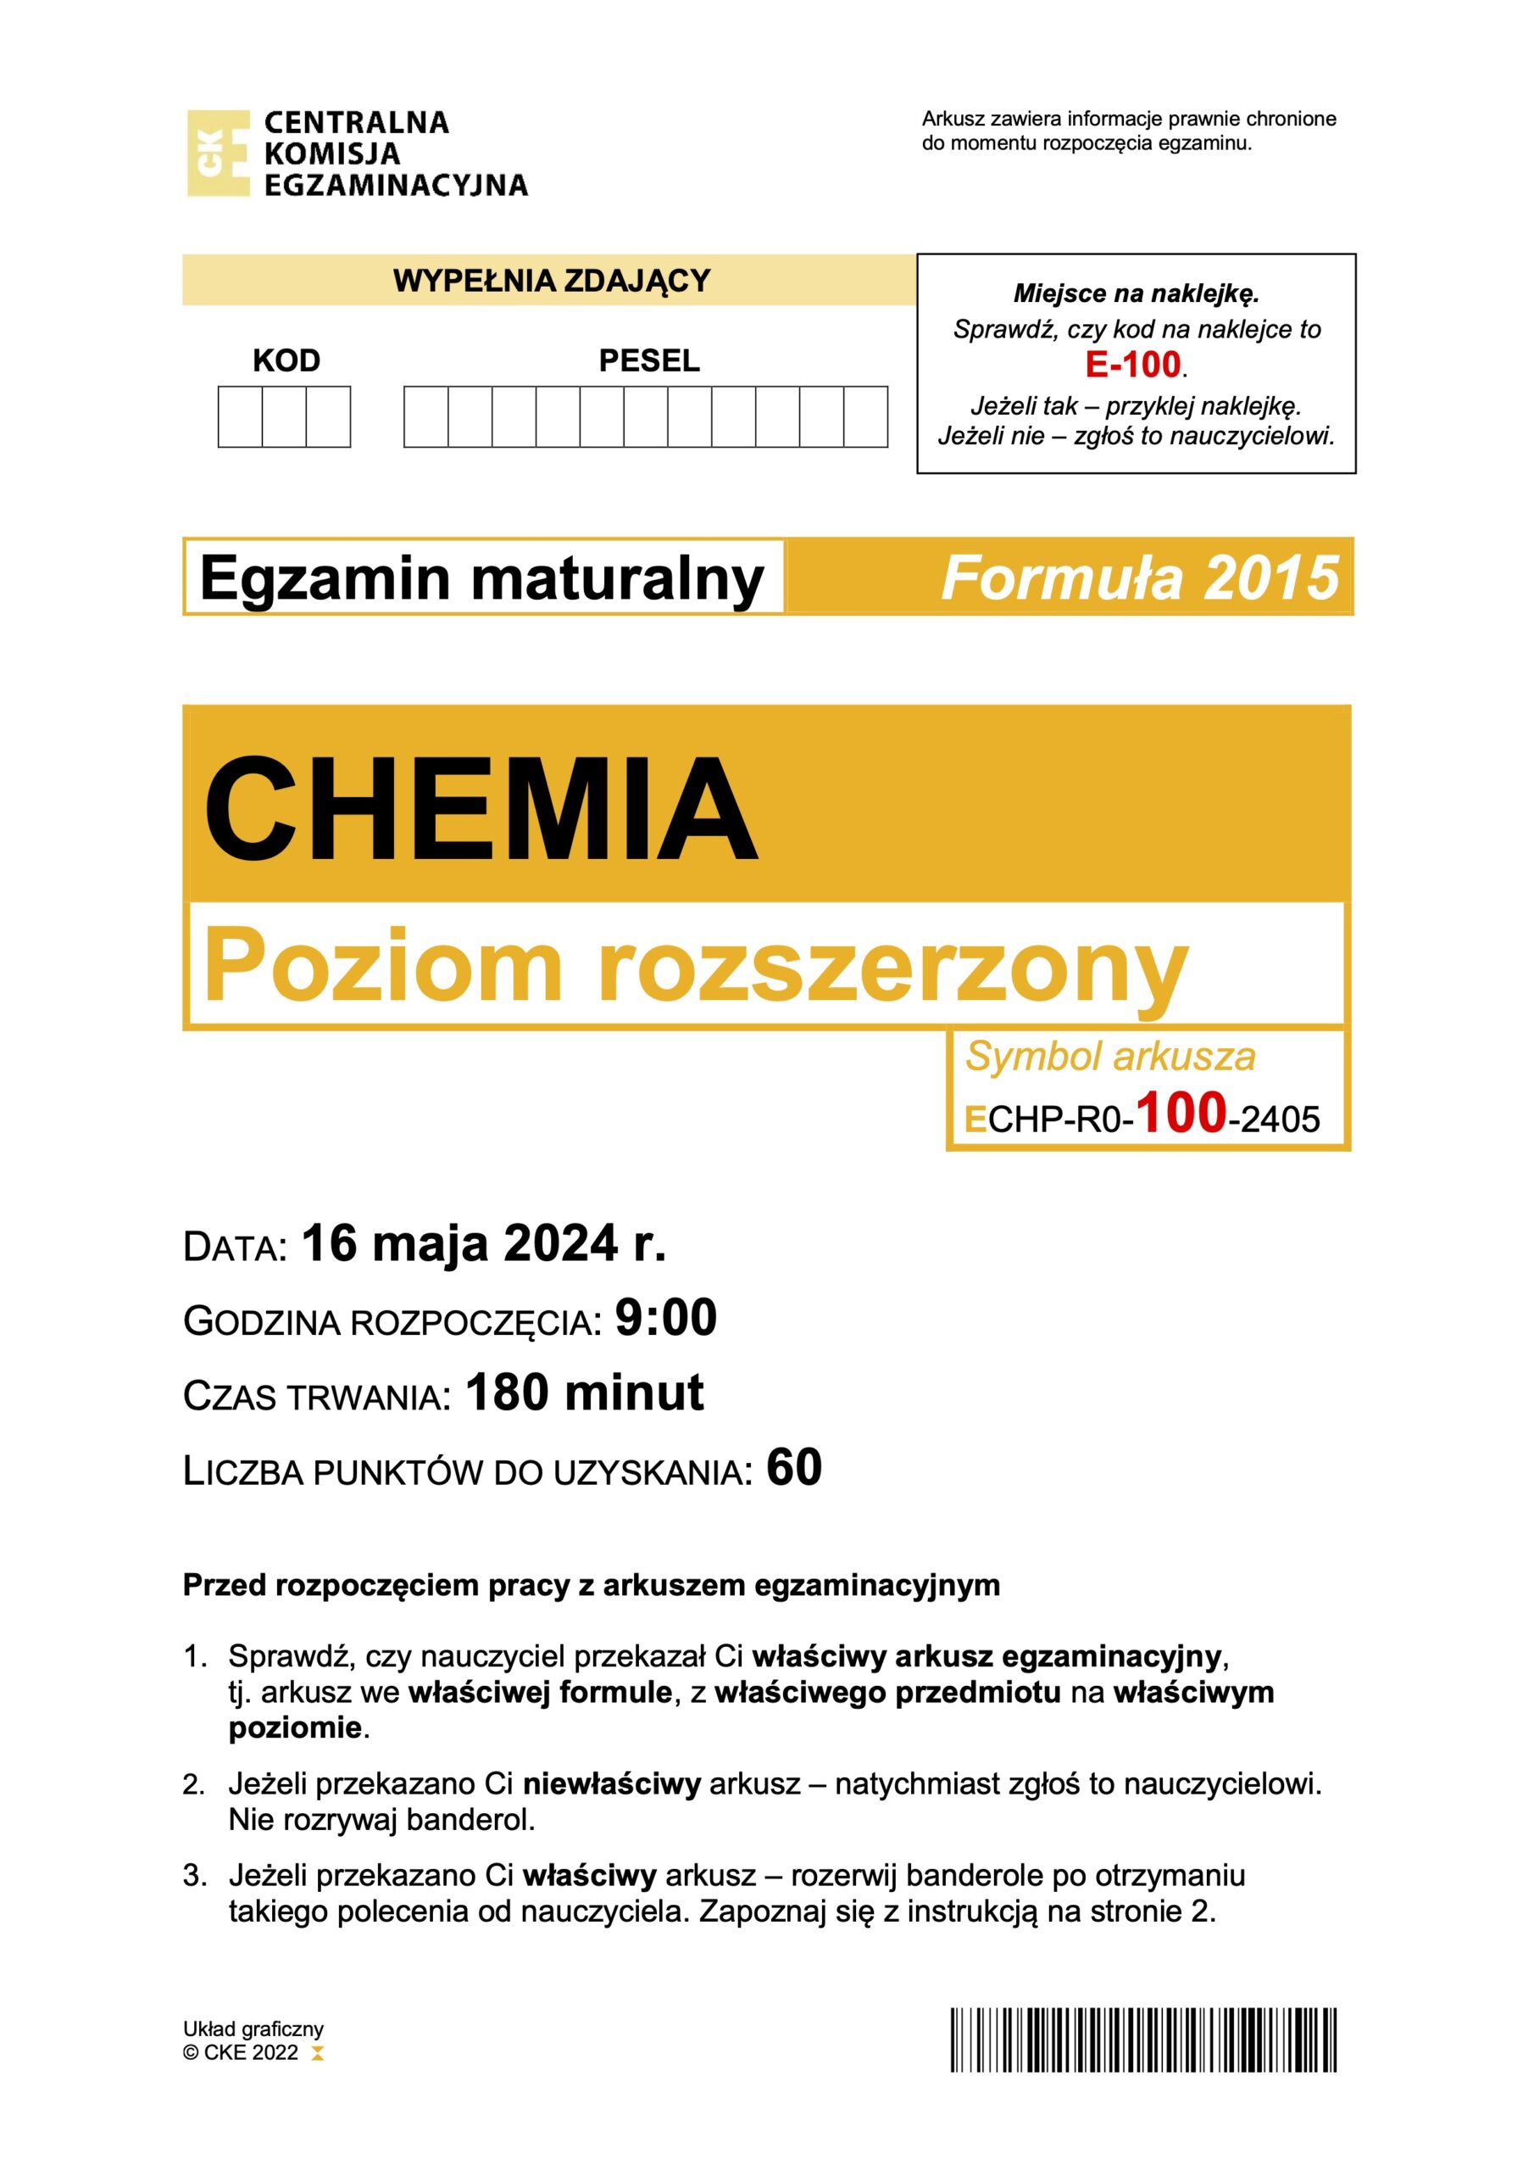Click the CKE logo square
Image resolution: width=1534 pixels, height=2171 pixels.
pos(219,153)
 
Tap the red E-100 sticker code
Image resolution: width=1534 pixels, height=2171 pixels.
pos(1133,365)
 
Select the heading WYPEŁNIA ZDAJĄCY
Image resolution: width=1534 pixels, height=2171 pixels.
pos(551,281)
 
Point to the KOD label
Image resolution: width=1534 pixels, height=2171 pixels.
pos(286,360)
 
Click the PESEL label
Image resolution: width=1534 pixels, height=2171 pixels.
pos(649,360)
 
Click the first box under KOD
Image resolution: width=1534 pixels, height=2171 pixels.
pos(240,416)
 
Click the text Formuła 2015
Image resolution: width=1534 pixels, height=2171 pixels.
pos(1140,578)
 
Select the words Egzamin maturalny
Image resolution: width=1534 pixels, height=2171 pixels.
pos(482,578)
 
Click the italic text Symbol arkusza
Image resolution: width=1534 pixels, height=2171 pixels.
pos(1109,1056)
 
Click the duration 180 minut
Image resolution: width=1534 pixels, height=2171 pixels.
pos(585,1392)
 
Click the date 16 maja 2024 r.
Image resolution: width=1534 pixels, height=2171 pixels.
pos(484,1243)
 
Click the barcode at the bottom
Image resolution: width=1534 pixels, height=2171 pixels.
pos(1143,2040)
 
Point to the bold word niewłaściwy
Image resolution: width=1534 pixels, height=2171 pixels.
pos(612,1784)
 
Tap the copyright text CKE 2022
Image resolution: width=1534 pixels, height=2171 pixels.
pos(251,2052)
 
